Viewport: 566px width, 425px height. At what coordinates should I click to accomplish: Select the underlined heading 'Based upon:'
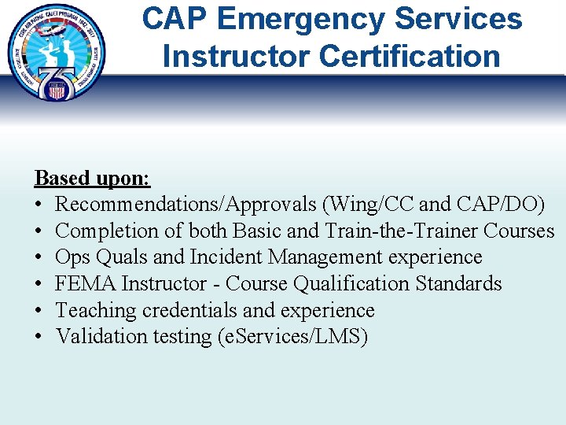92,178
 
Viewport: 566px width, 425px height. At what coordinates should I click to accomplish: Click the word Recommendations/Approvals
186,205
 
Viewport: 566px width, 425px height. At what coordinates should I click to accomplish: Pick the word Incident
231,257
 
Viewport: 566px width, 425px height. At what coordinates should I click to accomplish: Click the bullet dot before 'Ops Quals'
39,257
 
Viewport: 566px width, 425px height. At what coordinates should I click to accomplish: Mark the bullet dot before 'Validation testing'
39,337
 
